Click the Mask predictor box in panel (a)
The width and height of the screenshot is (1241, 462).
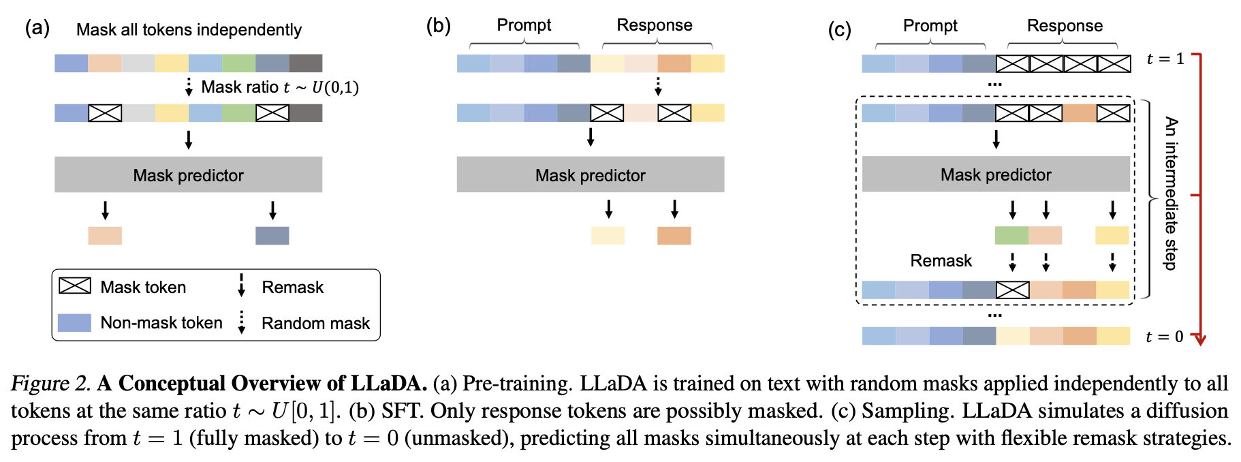tap(188, 174)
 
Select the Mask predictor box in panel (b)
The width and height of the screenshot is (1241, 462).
tap(590, 174)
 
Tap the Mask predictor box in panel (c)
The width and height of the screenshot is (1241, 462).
tap(996, 174)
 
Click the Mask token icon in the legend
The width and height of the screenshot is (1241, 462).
tap(75, 286)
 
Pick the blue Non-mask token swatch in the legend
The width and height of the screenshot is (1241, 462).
tap(74, 322)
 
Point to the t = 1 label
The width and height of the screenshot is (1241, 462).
tap(1165, 59)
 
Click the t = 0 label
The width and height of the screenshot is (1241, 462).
tap(1165, 337)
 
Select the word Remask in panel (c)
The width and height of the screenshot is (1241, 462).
tap(941, 261)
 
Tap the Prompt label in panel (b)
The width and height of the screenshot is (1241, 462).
tap(524, 25)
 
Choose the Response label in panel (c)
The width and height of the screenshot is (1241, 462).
tap(1065, 26)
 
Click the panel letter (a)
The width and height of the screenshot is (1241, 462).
tap(37, 28)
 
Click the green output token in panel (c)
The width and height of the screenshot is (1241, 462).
tap(1011, 235)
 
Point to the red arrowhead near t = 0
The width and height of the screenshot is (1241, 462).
tap(1200, 339)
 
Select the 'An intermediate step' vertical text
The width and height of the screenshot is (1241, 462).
tap(1171, 194)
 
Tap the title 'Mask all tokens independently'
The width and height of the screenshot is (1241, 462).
tap(189, 30)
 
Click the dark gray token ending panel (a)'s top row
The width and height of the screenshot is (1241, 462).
tap(306, 63)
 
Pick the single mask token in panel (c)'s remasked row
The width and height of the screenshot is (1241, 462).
tap(1013, 290)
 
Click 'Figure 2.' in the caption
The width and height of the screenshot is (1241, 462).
tap(50, 384)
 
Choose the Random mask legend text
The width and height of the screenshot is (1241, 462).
tap(315, 323)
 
